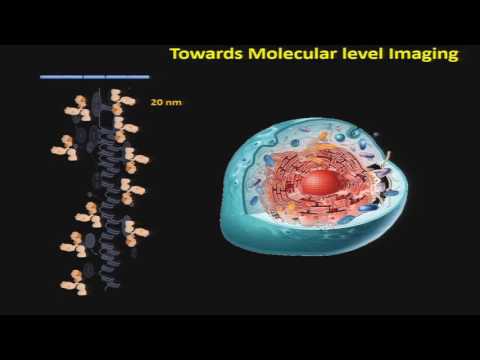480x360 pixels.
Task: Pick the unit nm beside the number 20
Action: coord(174,101)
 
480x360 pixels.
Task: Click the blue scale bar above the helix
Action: coord(94,76)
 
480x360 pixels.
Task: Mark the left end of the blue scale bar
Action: coord(42,76)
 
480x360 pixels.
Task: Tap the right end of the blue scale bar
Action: coord(148,76)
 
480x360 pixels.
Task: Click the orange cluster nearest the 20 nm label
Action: coord(123,101)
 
